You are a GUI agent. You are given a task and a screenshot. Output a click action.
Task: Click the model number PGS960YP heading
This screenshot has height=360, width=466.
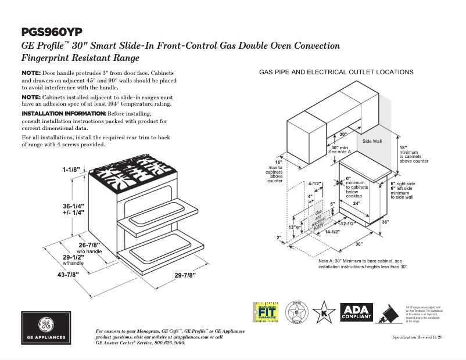[52, 31]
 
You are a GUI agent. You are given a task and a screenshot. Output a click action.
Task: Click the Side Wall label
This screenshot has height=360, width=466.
[372, 141]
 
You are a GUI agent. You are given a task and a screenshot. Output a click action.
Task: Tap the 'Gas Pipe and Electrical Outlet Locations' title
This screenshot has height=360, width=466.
[336, 72]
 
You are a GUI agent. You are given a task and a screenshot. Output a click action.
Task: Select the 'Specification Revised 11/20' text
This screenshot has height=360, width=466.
[417, 337]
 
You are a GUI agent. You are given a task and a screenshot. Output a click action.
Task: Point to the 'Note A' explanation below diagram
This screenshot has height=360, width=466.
[363, 264]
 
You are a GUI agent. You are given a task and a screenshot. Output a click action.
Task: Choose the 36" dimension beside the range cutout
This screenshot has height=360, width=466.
[385, 222]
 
